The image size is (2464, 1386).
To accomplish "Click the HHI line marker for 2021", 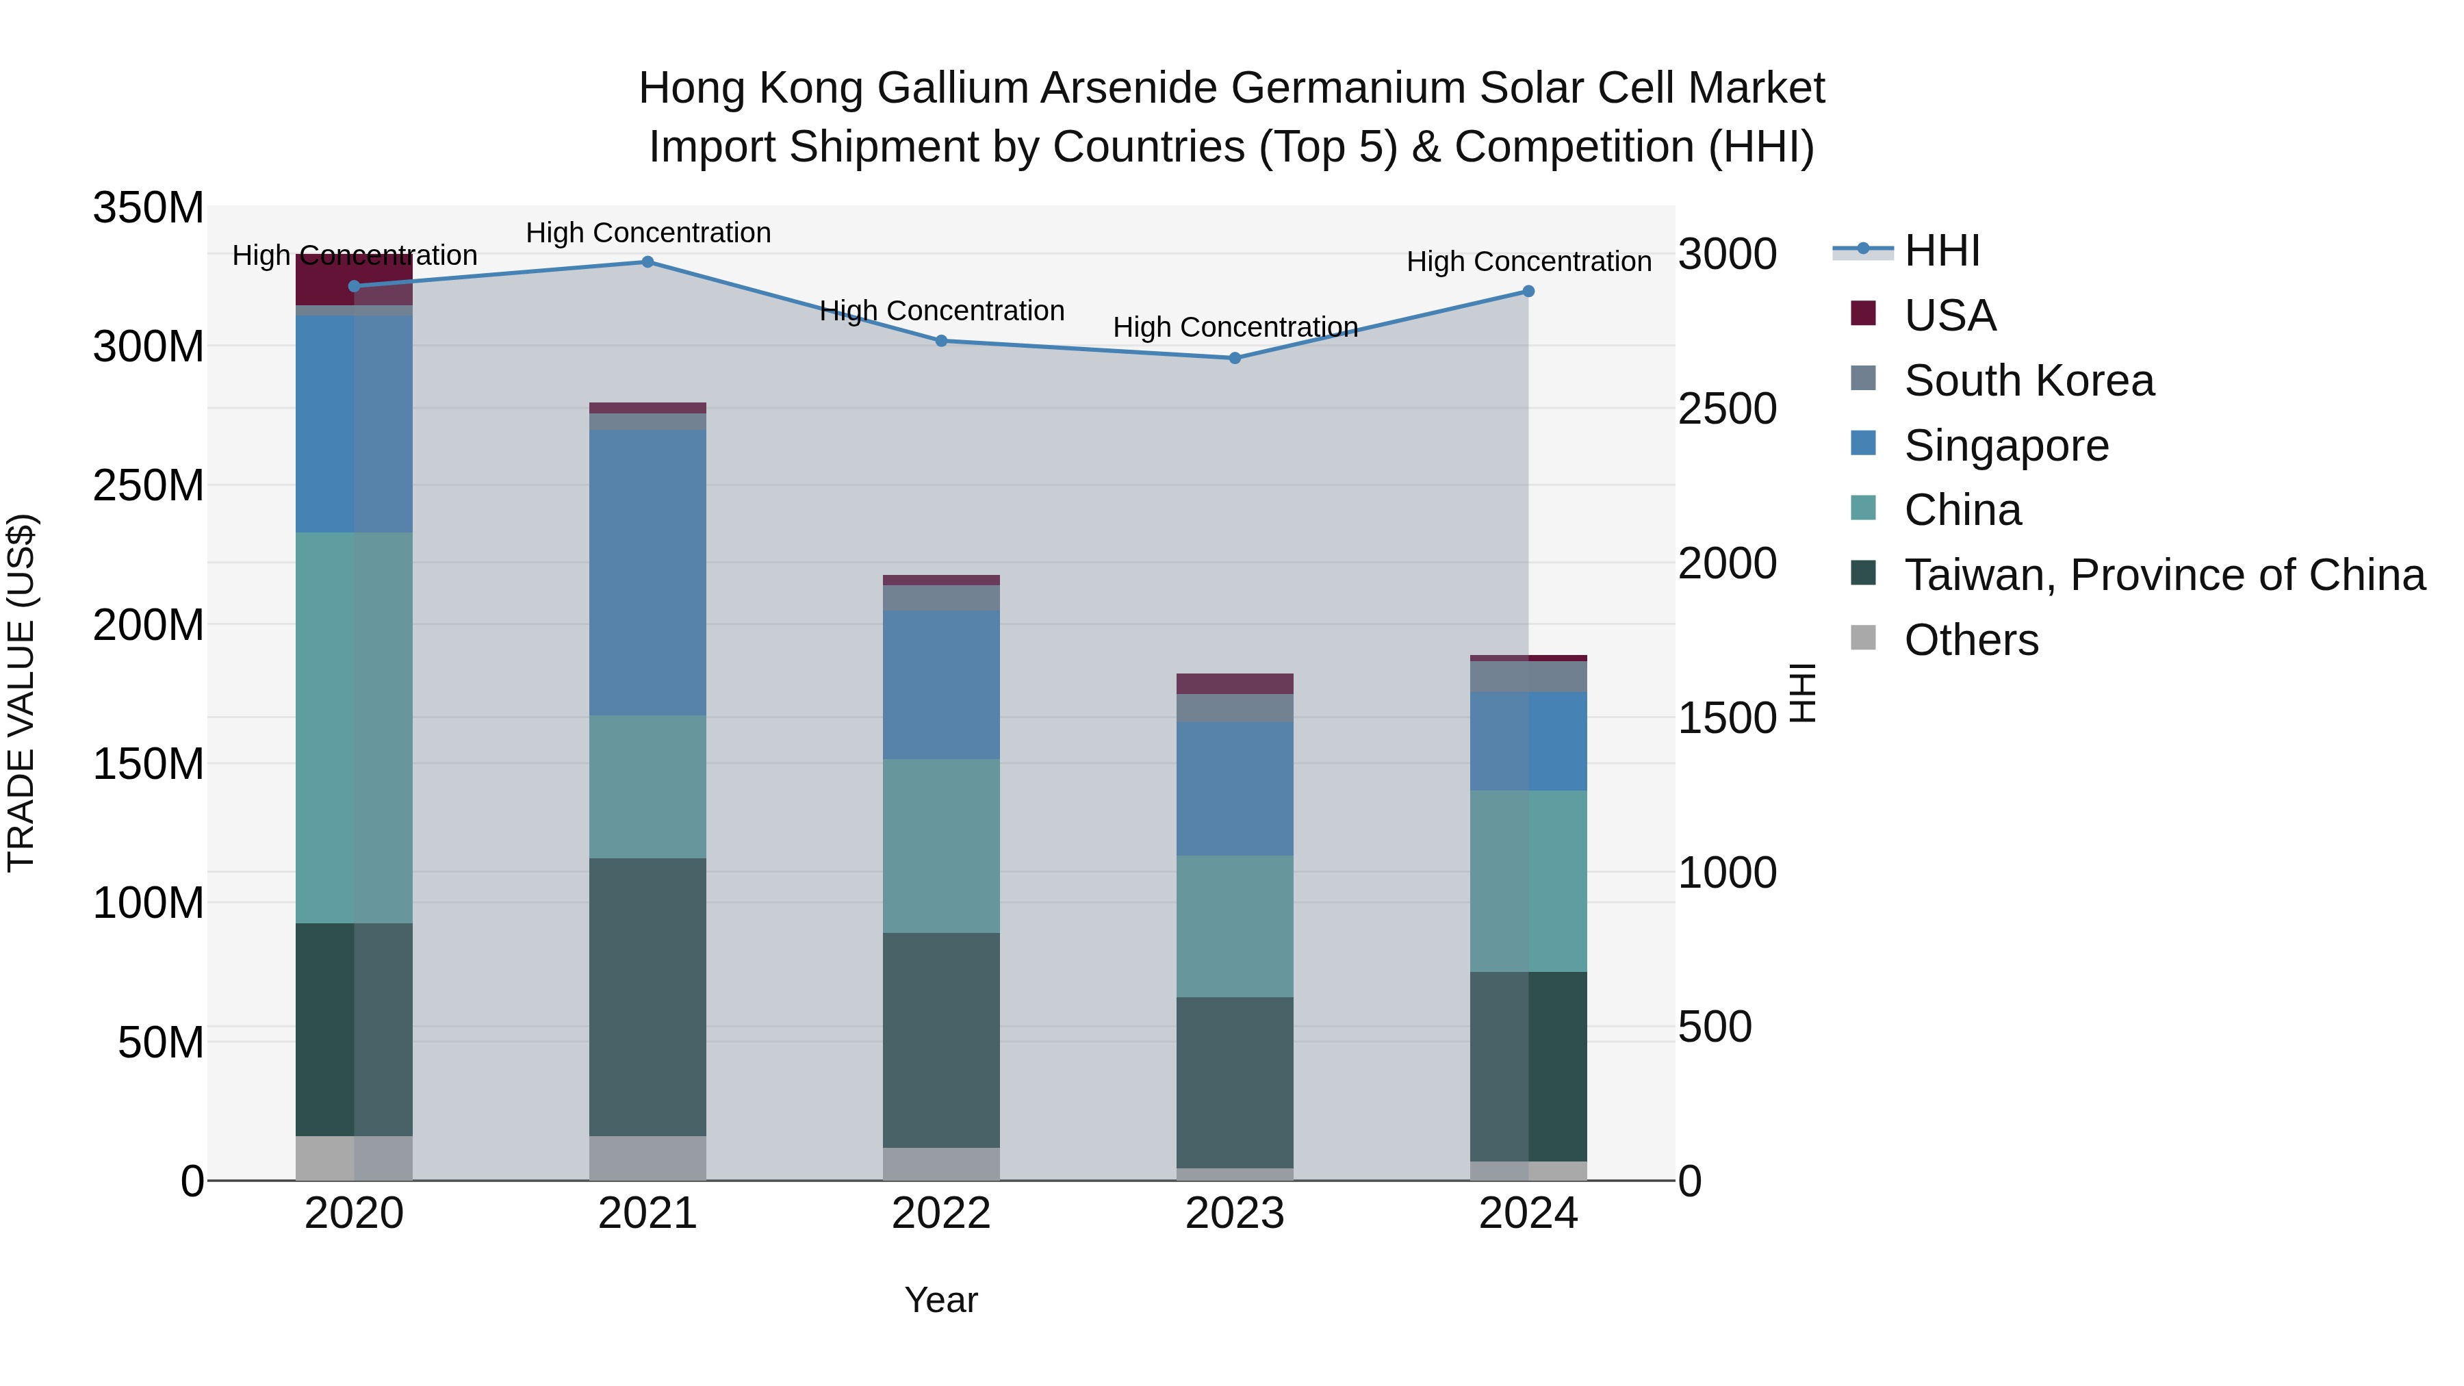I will [647, 262].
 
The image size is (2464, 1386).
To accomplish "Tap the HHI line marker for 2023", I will [1234, 359].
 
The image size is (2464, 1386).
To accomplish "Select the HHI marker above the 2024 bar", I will [1528, 292].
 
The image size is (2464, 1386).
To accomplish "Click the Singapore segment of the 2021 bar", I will [647, 572].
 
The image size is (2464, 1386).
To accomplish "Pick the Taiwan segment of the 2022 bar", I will [940, 1040].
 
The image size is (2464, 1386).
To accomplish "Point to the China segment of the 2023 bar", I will [1234, 926].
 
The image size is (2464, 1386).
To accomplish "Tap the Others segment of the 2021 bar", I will [647, 1157].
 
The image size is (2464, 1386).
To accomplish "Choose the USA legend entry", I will [1949, 316].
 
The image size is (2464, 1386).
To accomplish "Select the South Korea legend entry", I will [2028, 381].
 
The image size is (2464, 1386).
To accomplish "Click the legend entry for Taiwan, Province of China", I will [2164, 575].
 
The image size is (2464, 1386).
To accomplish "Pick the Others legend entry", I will [1971, 640].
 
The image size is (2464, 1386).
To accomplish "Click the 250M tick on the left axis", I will [149, 486].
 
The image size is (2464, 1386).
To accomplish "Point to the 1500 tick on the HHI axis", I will [1727, 717].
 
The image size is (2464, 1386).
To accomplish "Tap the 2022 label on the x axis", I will [940, 1214].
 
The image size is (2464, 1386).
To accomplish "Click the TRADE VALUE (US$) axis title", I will [21, 693].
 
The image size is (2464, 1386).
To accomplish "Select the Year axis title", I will [940, 1300].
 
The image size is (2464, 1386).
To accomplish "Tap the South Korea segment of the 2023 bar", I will [1234, 708].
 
